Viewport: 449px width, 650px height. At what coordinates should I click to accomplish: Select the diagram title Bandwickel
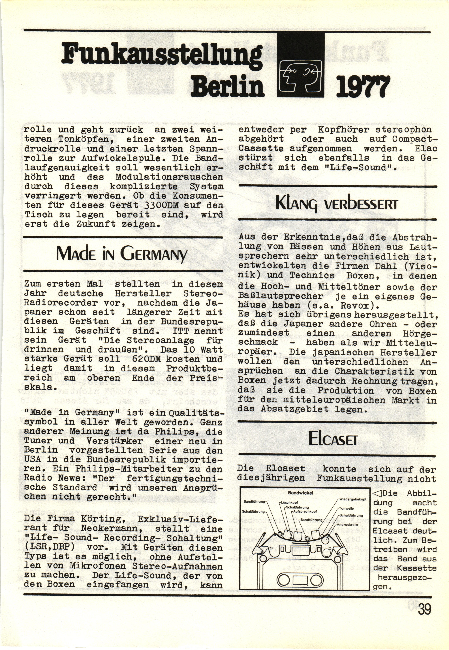[300, 493]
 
